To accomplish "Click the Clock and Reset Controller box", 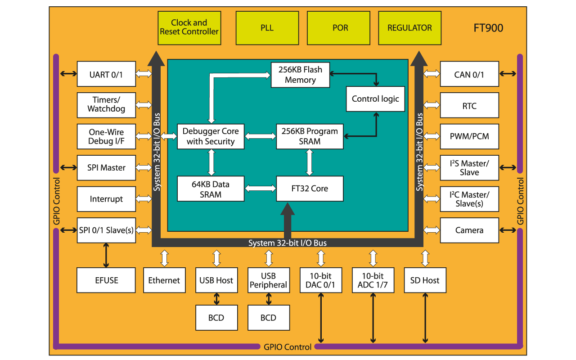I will [189, 28].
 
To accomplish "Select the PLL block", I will [267, 28].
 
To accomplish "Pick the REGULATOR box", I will [409, 28].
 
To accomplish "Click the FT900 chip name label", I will [488, 28].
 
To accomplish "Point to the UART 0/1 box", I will [106, 74].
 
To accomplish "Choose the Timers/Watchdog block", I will [106, 105].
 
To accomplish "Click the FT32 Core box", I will [310, 189].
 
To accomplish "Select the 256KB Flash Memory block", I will [300, 75].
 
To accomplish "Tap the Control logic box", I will [375, 99].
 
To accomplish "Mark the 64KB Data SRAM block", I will [211, 189].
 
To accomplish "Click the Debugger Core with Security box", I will [211, 136].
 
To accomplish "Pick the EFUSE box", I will [106, 280].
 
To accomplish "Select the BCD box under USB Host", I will [216, 318].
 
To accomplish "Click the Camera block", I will [469, 230].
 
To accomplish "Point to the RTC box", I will [469, 106].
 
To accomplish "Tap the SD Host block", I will [425, 280].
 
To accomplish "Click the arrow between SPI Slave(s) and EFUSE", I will [106, 255].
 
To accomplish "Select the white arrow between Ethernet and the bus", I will [164, 258].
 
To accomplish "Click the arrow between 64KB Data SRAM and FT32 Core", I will [260, 189].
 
